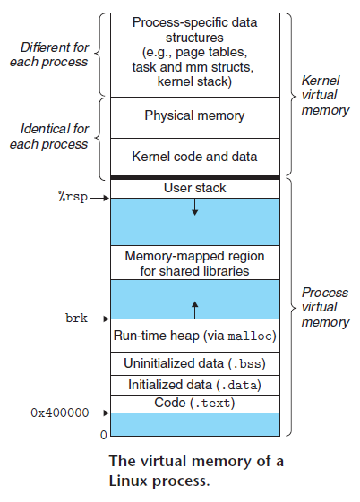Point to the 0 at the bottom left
point(102,435)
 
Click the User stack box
point(194,188)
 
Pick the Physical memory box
point(194,115)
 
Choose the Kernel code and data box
point(194,156)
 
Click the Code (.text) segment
point(194,404)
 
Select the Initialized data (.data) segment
point(194,385)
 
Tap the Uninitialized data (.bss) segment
point(194,364)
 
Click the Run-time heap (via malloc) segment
point(194,336)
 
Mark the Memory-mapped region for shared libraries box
point(194,262)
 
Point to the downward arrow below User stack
point(194,208)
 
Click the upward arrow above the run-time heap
point(194,310)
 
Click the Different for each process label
point(56,55)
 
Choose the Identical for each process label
point(54,137)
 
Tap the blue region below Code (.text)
point(194,424)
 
